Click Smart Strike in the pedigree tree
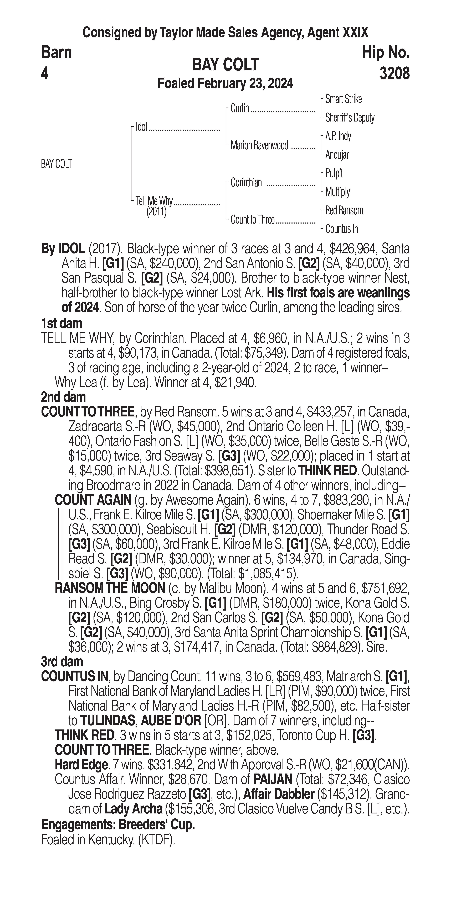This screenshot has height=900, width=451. pos(343,99)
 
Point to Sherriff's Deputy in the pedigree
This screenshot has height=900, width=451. pos(350,118)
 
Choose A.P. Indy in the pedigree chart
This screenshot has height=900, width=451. pos(338,136)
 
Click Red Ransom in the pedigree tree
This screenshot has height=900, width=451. pos(344,210)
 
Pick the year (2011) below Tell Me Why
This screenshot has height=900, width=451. pos(156,212)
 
